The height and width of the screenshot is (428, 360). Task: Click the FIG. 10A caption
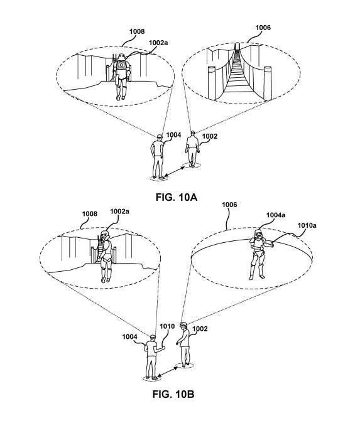177,197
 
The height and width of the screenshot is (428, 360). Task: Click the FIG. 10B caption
173,394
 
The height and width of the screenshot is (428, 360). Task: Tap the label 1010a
307,225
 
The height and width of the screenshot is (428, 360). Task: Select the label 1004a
276,215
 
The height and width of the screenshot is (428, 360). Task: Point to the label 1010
167,326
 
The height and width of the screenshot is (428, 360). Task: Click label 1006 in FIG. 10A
263,28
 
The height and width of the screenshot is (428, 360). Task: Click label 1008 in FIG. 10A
137,31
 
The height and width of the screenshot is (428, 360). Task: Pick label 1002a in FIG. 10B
119,211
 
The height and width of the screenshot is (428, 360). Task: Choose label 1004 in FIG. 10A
173,135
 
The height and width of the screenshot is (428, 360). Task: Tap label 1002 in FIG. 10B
200,329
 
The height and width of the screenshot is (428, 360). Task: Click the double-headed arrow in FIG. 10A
175,172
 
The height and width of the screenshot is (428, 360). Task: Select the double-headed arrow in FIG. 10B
168,372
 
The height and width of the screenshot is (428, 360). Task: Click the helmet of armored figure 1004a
258,233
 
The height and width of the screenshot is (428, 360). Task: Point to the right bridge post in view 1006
268,83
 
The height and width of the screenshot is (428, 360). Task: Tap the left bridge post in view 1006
212,82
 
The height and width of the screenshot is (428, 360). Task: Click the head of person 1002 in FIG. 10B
183,325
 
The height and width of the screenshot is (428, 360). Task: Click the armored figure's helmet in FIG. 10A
121,57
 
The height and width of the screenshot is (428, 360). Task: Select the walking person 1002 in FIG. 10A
192,149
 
